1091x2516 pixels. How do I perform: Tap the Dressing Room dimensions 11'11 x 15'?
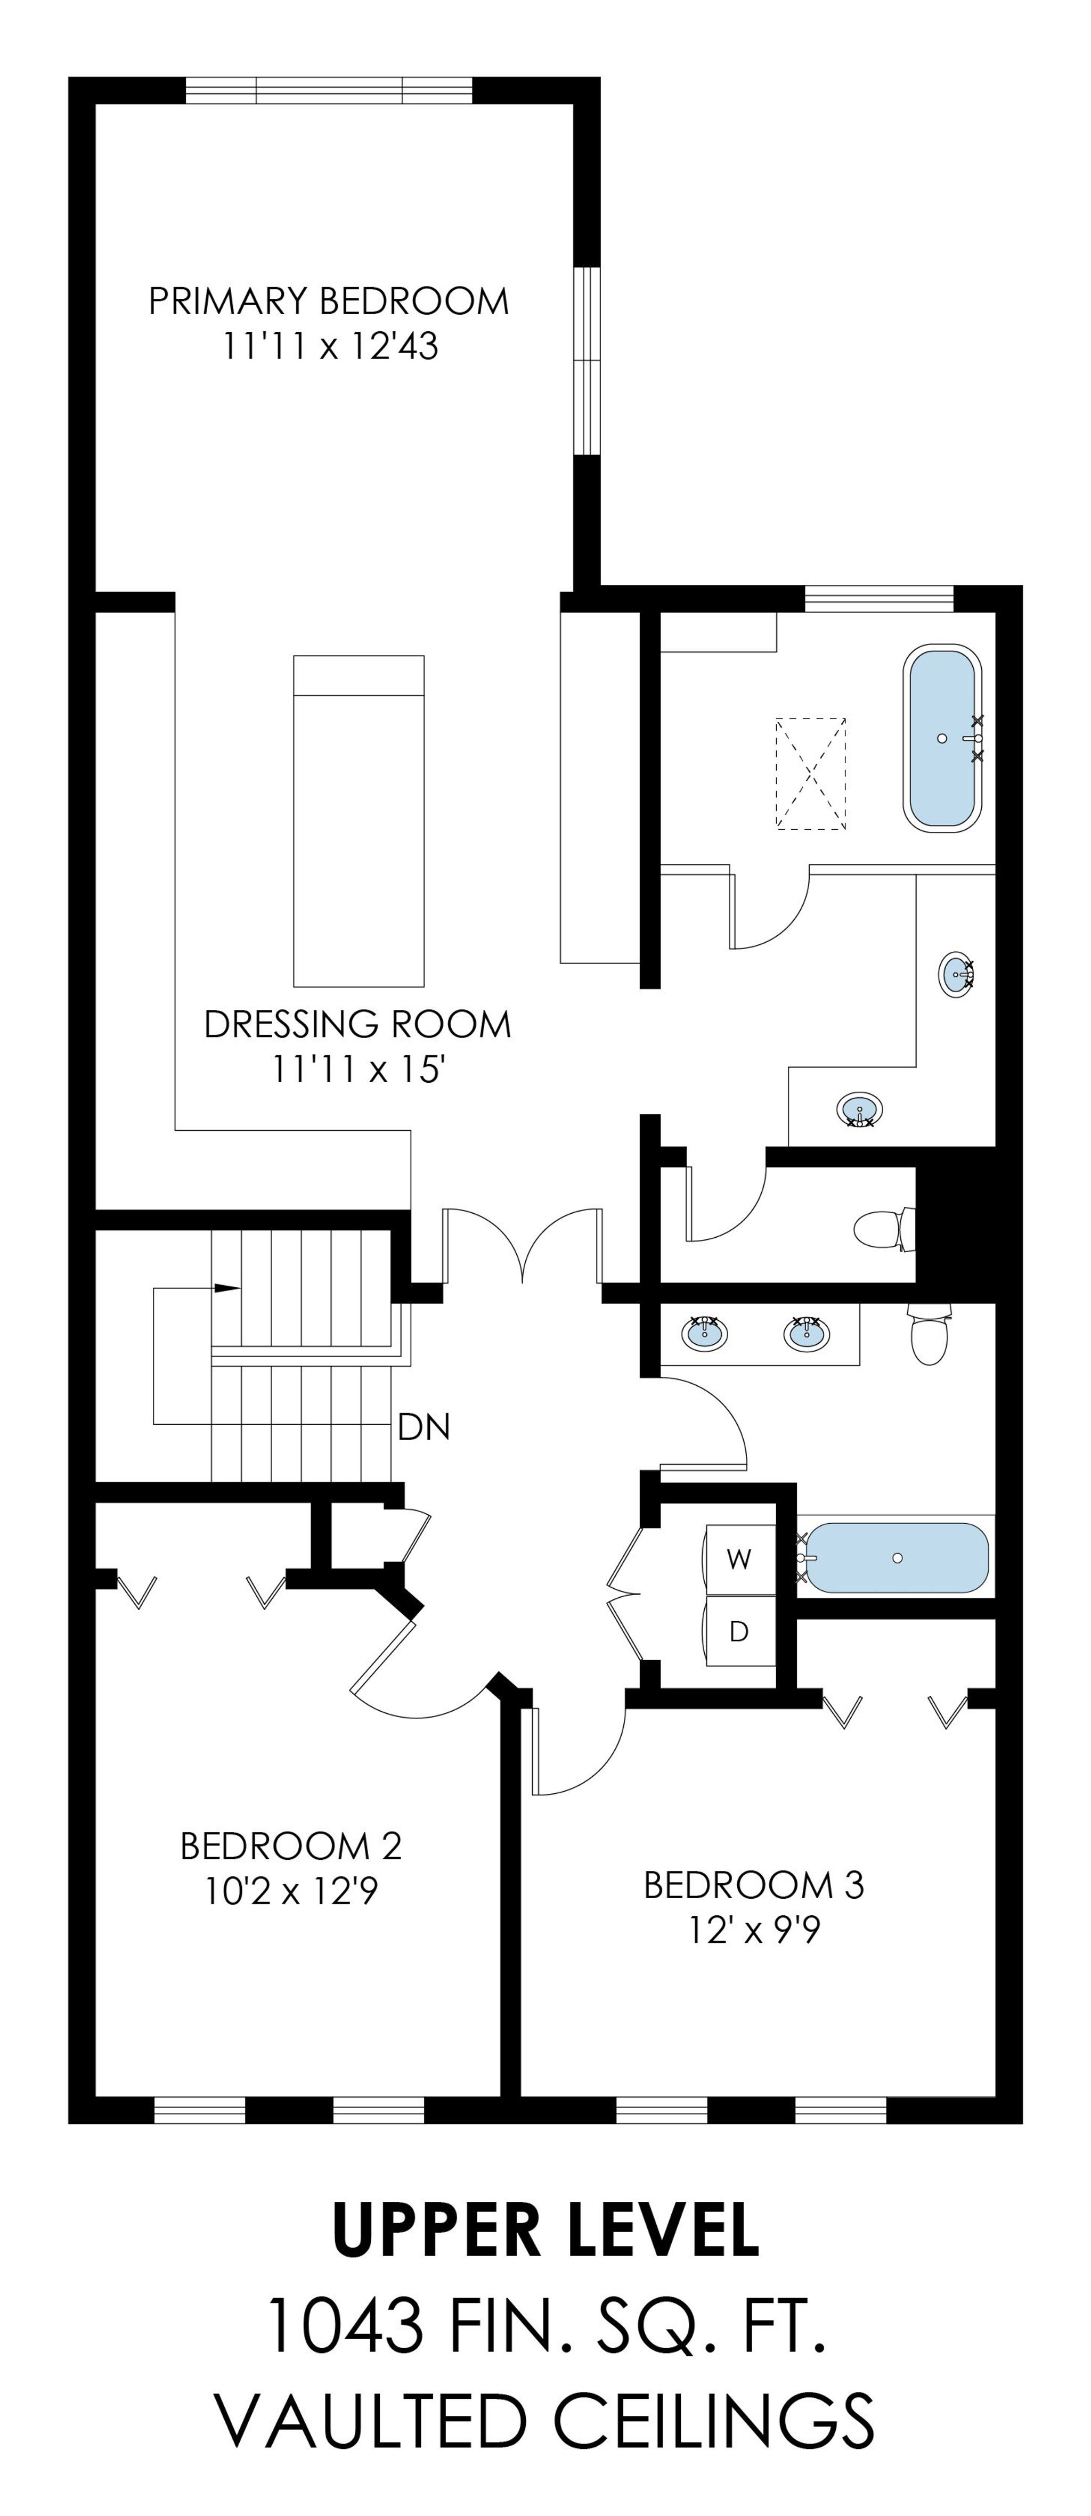click(x=357, y=1069)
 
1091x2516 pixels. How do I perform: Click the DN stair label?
click(x=424, y=1428)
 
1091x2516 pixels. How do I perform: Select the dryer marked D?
click(x=739, y=1631)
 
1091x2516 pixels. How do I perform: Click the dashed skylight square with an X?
click(x=811, y=773)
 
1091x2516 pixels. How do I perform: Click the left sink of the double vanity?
click(x=704, y=1332)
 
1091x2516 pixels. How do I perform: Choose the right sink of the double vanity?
click(x=806, y=1332)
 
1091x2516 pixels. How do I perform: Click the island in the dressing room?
click(x=359, y=820)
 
